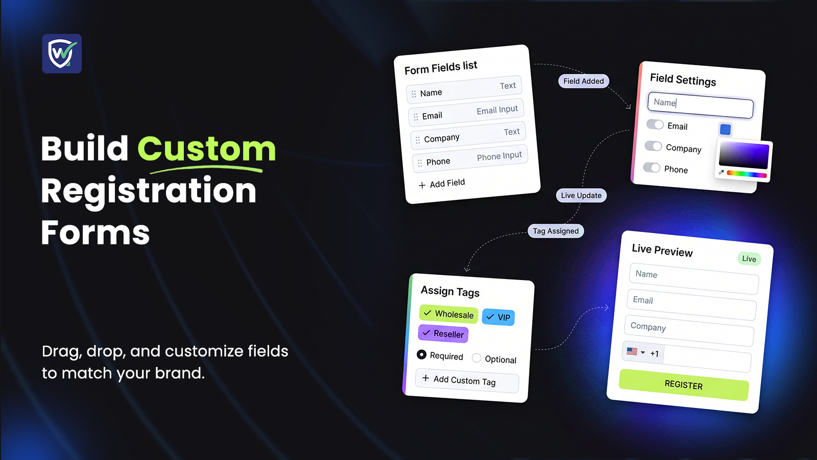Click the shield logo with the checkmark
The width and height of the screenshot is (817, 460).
pos(62,54)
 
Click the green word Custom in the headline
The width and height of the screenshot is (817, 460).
pos(206,149)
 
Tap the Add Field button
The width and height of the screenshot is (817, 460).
pos(442,183)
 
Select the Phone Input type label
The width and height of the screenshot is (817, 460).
pos(499,156)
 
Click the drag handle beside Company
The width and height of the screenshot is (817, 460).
pos(418,140)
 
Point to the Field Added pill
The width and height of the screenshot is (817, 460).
pos(584,81)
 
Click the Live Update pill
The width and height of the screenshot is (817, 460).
pos(582,195)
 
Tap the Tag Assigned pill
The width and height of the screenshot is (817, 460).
pos(556,231)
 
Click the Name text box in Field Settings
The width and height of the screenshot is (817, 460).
pos(700,105)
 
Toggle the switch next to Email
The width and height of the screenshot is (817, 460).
pos(655,125)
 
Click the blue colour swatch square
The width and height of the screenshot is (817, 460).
pos(725,130)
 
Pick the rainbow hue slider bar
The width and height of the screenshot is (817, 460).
pos(747,174)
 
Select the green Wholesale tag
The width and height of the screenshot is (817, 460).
pos(449,314)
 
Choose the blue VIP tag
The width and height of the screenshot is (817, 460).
pos(498,317)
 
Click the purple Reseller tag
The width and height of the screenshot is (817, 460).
pos(443,333)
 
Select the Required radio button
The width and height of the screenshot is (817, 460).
pos(421,355)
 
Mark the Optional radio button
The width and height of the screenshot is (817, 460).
pos(476,358)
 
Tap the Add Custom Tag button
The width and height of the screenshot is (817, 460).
pos(467,381)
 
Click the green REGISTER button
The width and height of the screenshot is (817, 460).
pos(684,385)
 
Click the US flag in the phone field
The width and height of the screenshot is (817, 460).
pos(632,351)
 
